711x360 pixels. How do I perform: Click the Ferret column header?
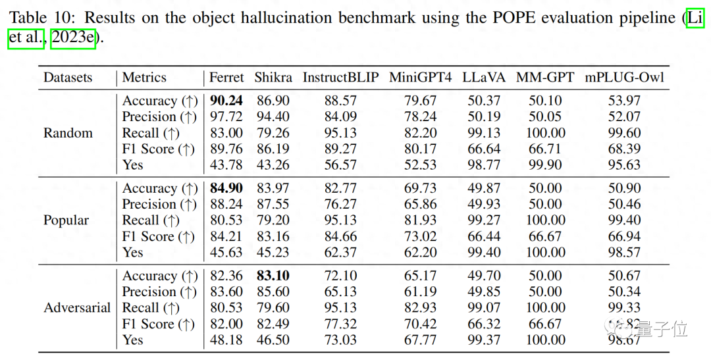[x=226, y=78]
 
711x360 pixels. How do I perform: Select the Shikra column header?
[x=273, y=78]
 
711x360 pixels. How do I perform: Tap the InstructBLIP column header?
[x=340, y=78]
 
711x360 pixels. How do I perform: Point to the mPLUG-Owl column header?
[x=624, y=78]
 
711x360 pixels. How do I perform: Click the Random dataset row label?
[x=68, y=133]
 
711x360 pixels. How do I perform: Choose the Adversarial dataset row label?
[x=77, y=308]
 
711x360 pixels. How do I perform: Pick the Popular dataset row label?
[x=66, y=220]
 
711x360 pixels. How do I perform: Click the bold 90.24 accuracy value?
[x=226, y=101]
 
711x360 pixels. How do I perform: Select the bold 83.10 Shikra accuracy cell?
[x=273, y=276]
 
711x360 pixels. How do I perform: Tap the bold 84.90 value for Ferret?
[x=226, y=189]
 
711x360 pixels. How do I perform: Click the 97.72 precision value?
[x=226, y=117]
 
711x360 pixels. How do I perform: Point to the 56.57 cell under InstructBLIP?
[x=340, y=165]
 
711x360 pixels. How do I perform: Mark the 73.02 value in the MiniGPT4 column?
[x=421, y=237]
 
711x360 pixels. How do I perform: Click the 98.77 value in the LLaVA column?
[x=484, y=165]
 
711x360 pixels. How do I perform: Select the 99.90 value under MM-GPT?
[x=546, y=165]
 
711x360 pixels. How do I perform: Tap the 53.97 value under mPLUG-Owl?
[x=624, y=101]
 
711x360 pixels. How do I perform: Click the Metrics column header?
[x=144, y=78]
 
